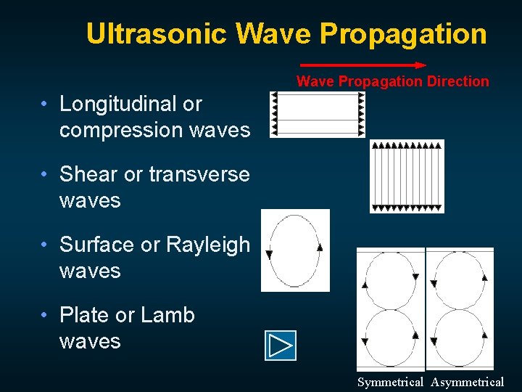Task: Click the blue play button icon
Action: pos(281,346)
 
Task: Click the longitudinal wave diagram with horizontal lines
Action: pos(317,114)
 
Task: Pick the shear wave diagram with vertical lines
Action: pos(407,176)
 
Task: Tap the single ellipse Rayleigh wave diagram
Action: pos(294,250)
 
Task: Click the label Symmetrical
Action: pos(390,382)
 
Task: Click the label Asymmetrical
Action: pos(467,382)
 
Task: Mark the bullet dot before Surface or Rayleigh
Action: pos(46,245)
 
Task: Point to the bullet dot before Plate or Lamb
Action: pos(46,315)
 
